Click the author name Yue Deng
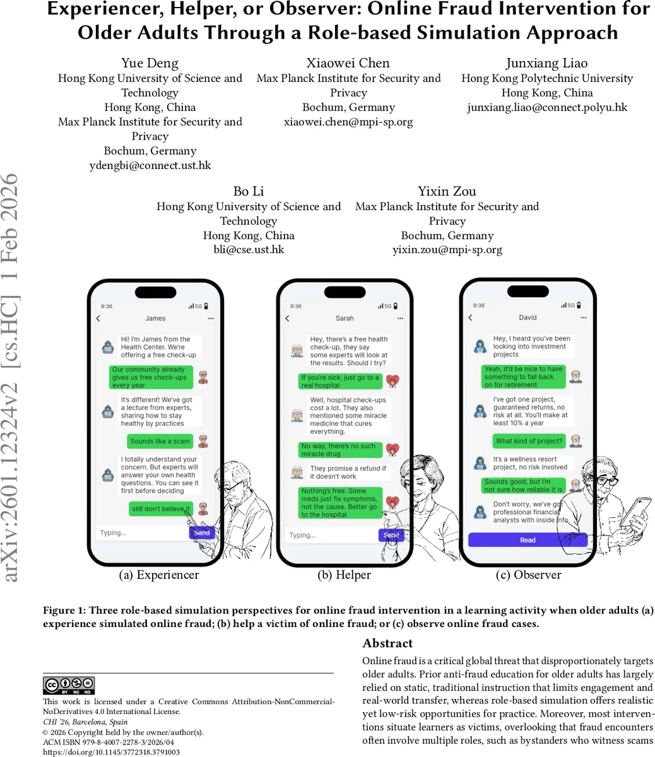[x=150, y=63]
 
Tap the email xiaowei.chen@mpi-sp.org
[x=348, y=122]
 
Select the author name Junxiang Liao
[x=546, y=63]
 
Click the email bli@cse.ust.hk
[x=249, y=250]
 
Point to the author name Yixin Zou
[x=447, y=191]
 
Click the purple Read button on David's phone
[x=528, y=540]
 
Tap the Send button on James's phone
[x=201, y=533]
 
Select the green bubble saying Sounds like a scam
[x=160, y=441]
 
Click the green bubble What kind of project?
[x=529, y=441]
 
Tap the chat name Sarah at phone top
[x=345, y=319]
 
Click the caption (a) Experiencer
[x=159, y=575]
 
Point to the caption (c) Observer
[x=528, y=575]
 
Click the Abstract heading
[x=387, y=643]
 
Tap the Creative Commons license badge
[x=69, y=685]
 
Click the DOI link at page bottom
[x=111, y=752]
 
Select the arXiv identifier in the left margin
[x=11, y=378]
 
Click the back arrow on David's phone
[x=471, y=318]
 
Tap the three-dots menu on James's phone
[x=211, y=319]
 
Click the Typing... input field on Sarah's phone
[x=328, y=536]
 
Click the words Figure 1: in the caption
[x=64, y=611]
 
